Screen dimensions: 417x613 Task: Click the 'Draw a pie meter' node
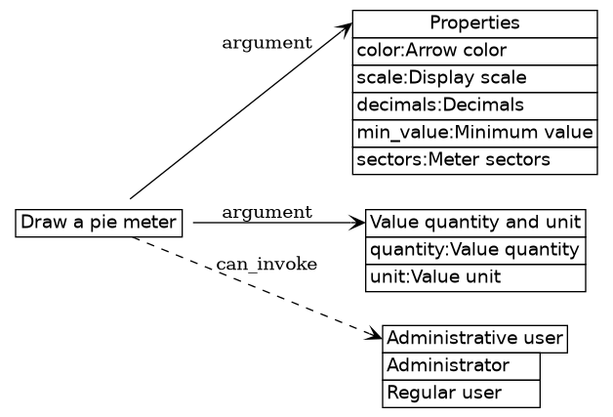100,223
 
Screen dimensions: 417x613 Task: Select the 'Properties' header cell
474,23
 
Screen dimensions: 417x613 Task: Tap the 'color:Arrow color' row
474,51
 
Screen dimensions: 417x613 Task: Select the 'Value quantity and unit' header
475,222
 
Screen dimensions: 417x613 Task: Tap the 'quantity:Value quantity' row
475,250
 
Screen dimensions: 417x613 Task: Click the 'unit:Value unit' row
475,277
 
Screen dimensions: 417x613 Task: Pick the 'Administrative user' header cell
474,339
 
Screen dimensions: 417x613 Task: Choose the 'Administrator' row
461,366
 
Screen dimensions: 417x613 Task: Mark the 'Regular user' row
461,394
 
